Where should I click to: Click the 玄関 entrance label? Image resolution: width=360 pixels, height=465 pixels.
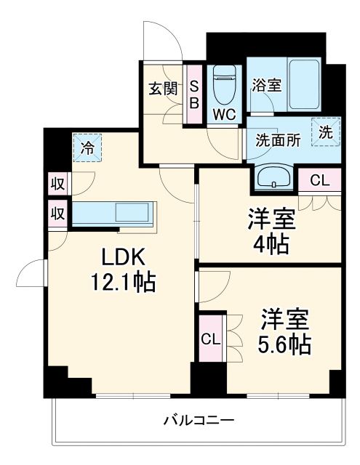tap(164, 89)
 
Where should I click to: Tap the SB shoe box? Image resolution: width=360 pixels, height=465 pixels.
tap(194, 95)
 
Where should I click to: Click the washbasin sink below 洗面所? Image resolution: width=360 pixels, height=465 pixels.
tap(274, 177)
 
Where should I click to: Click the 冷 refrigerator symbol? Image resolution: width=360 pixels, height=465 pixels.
tap(87, 149)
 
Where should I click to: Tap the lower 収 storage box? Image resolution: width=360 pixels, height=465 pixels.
tap(57, 214)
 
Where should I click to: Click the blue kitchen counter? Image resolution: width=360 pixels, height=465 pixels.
tap(114, 212)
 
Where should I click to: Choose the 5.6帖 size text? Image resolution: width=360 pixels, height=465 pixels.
tap(285, 342)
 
